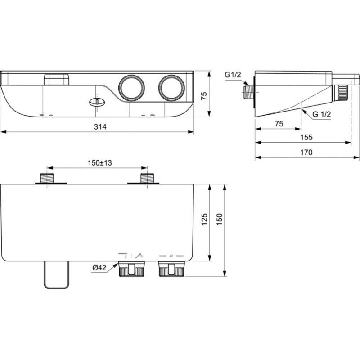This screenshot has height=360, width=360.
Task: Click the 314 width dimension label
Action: (100, 127)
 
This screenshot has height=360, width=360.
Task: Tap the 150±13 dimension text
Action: (99, 163)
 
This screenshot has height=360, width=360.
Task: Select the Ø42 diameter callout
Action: (99, 267)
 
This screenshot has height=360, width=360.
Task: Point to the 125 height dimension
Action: (204, 219)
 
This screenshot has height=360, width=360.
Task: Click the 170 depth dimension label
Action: (306, 152)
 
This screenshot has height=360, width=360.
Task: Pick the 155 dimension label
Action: (306, 137)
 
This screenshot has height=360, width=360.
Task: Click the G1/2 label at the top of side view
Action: (233, 75)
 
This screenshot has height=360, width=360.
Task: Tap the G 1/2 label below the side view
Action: (322, 114)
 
